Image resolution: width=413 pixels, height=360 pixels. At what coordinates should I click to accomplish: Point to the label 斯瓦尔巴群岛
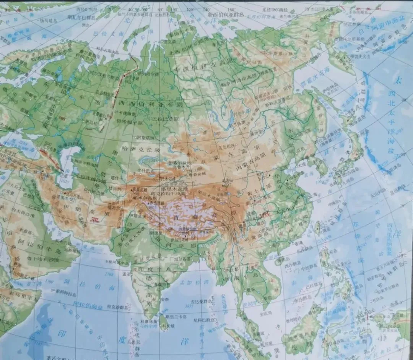click(x=81, y=17)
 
